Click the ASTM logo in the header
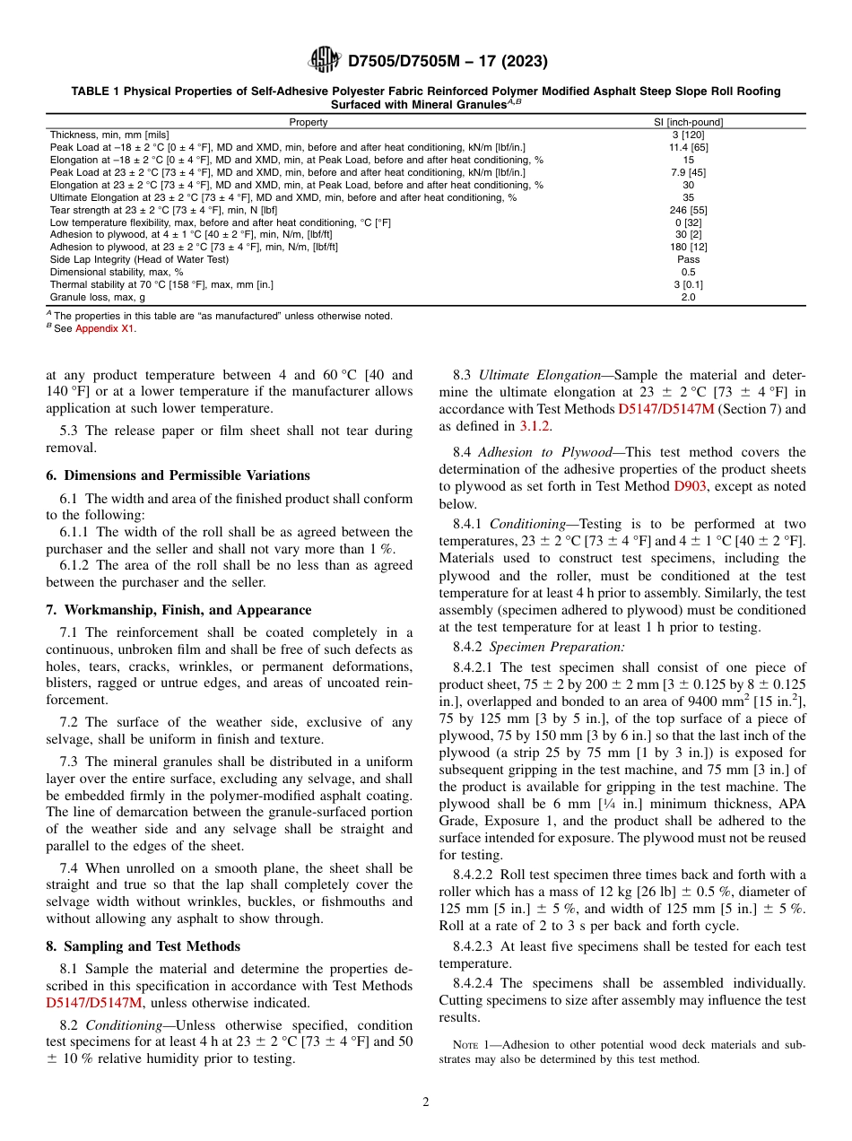[x=325, y=60]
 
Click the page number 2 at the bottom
[x=426, y=1102]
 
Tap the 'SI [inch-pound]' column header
[x=688, y=122]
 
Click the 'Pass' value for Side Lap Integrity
[x=688, y=259]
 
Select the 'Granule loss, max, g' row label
[x=97, y=297]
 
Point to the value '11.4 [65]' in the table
[x=688, y=147]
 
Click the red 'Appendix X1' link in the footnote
[x=105, y=329]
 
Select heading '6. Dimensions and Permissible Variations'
[x=178, y=475]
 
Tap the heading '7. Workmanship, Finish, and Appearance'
[x=178, y=610]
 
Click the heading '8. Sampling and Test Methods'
[x=143, y=945]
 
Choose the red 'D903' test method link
[x=689, y=485]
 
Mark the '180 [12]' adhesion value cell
[x=688, y=247]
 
